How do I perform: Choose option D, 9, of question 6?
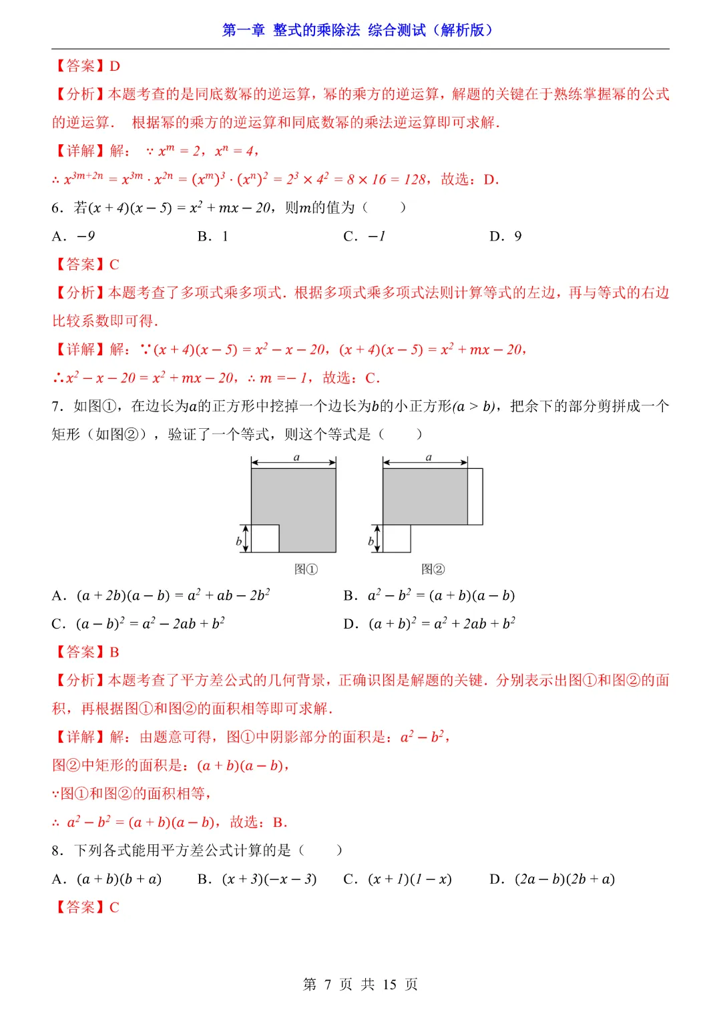(506, 236)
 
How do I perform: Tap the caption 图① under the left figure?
(306, 569)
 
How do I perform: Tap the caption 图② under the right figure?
(433, 569)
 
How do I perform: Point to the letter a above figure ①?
(296, 458)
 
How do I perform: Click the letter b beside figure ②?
(371, 541)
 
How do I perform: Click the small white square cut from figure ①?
(265, 538)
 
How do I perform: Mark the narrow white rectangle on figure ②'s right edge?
(475, 496)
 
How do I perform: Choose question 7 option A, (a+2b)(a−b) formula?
(161, 595)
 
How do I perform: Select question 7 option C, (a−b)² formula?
(138, 624)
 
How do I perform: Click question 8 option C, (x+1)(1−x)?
(398, 879)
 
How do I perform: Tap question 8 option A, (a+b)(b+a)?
(107, 879)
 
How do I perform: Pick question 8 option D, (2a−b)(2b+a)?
(552, 879)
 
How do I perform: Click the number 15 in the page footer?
(390, 985)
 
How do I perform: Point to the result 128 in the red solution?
(415, 180)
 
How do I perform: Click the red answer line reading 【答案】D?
(86, 66)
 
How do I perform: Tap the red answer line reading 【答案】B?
(86, 652)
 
